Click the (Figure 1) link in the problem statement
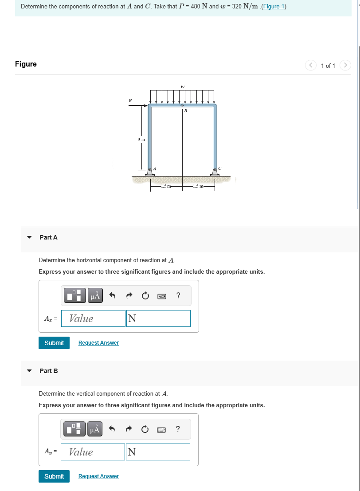coord(274,7)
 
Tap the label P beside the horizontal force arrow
coord(130,100)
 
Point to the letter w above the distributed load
coord(183,86)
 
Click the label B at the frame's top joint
coord(185,111)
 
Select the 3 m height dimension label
coord(141,139)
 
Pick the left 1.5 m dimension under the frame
coord(165,186)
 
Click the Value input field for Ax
coord(93,318)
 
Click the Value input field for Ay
coord(93,452)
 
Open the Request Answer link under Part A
coord(98,343)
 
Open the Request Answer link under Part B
coord(98,476)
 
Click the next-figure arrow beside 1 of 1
coord(345,66)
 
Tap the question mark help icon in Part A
coord(178,295)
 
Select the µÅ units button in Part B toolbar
coord(95,429)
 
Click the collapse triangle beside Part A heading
coord(29,237)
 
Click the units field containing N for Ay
coord(158,452)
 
